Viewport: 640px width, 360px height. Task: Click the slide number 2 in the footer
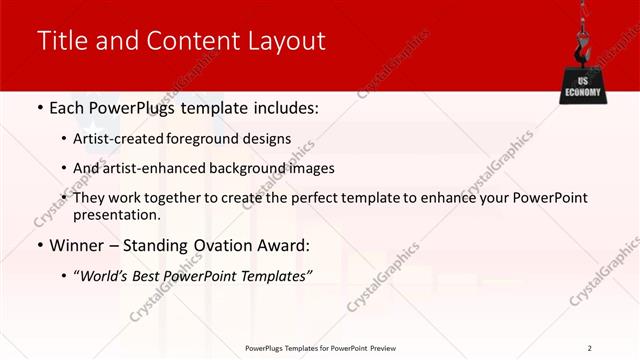pyautogui.click(x=590, y=348)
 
